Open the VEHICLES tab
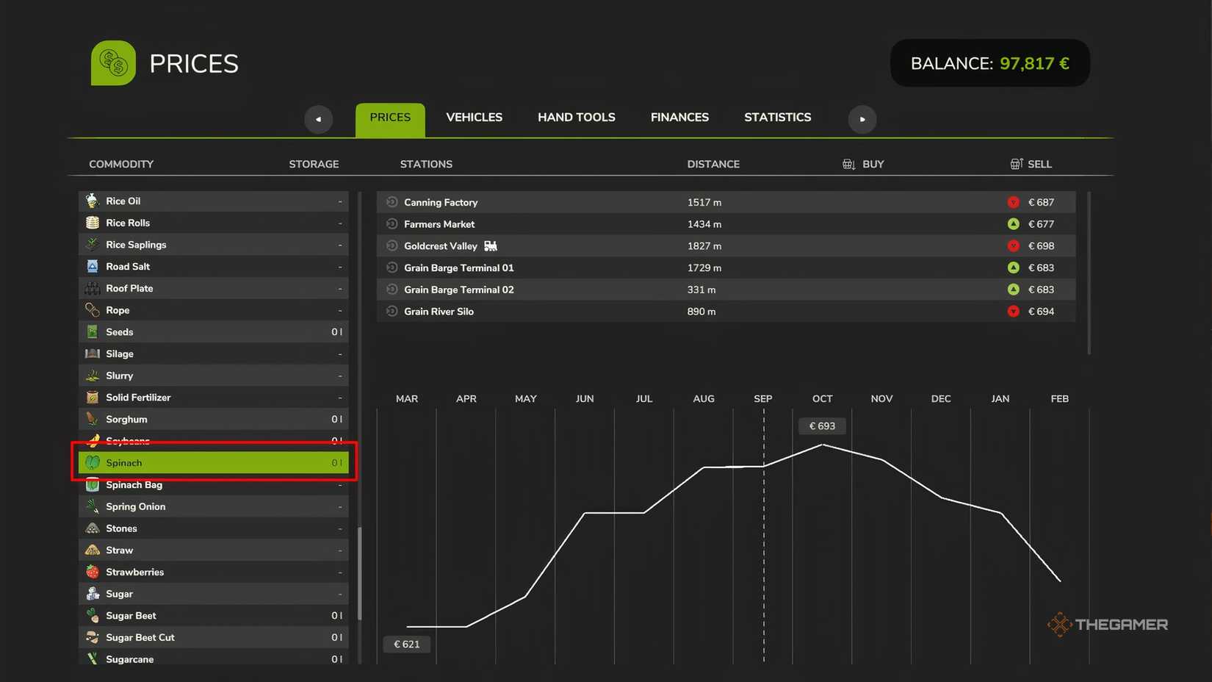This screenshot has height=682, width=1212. coord(474,118)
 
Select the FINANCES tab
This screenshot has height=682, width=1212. coord(679,118)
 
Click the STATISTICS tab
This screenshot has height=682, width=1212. coord(778,118)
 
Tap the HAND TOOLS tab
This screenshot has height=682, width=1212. coord(576,118)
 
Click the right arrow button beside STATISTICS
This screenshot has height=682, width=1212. coord(862,119)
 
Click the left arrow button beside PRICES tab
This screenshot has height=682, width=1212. coord(318,119)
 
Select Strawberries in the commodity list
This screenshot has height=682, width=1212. coord(134,572)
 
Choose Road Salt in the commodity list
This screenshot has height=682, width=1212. coord(128,267)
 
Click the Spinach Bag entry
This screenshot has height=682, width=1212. coord(134,485)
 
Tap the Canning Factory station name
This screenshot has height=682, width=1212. coord(441,202)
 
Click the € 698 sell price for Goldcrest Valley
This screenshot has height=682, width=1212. coord(1041,246)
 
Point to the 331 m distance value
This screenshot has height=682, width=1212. coord(701,290)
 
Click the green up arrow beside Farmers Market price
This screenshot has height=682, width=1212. coord(1014,224)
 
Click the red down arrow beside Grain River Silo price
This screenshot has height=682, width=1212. coord(1014,312)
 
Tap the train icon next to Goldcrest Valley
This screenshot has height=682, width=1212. coord(490,246)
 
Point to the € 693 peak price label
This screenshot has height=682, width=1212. coord(822,426)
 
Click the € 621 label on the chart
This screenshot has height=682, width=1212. coord(407,645)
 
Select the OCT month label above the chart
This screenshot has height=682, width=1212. coord(823,399)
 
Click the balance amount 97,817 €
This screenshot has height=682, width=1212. coord(1034,63)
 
